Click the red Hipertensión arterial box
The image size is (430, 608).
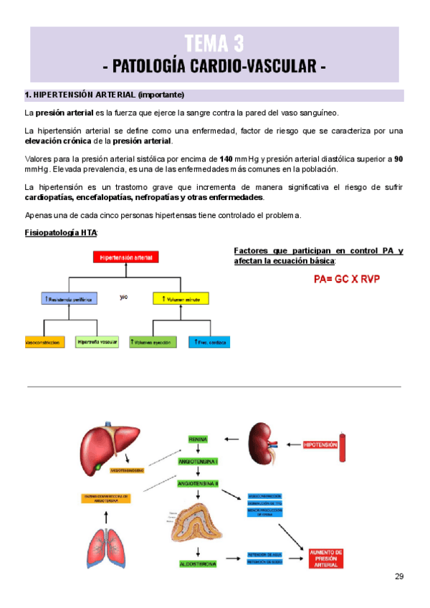coord(126,257)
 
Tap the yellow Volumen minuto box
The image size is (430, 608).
coord(181,298)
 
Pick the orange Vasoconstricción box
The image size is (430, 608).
coord(46,343)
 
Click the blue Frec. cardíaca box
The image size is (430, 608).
coord(209,343)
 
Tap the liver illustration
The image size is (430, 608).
coord(108,444)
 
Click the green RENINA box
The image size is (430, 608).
coord(198,438)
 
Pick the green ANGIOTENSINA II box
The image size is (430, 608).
coord(198,484)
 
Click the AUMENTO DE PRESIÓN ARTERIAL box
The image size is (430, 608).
coord(326,559)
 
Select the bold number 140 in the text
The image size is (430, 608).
coord(226,158)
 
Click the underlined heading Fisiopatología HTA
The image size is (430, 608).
coord(61,233)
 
